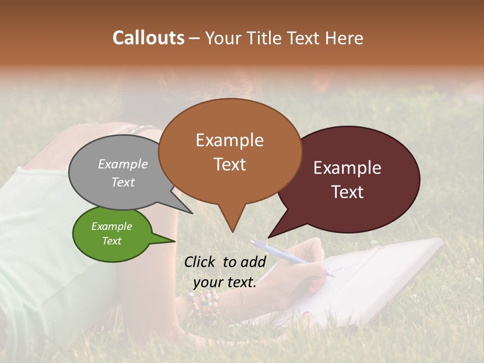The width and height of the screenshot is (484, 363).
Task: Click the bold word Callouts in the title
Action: coord(148,38)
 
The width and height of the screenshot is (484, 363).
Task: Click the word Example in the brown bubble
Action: coord(229,140)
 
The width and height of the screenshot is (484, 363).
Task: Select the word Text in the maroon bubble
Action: coord(348,192)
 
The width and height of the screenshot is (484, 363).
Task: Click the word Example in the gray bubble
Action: coord(123,164)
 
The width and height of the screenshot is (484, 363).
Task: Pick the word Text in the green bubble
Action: coord(111,241)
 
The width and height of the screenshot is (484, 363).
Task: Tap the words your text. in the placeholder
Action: coord(224,283)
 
